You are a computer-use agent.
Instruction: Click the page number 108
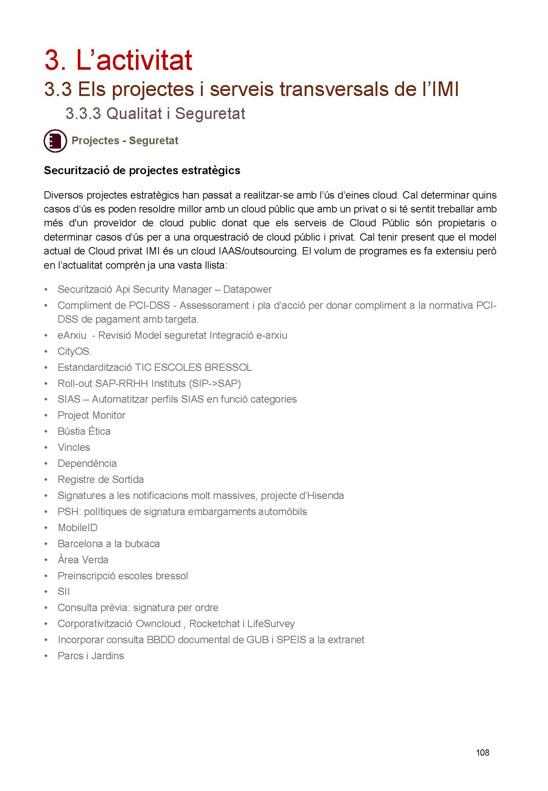click(482, 752)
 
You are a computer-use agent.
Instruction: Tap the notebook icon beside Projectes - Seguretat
click(55, 141)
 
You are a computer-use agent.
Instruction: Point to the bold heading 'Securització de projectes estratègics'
click(142, 170)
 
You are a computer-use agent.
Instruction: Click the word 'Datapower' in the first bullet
click(247, 289)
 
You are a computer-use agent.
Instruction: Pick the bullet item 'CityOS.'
click(75, 352)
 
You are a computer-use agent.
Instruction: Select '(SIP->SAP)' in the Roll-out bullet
click(215, 384)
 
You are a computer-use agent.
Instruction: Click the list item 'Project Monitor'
click(91, 415)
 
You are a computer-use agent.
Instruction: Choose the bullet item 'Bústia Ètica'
click(84, 431)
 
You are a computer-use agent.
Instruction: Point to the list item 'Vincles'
click(74, 448)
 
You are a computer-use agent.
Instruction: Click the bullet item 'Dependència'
click(87, 464)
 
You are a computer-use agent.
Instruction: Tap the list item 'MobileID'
click(77, 528)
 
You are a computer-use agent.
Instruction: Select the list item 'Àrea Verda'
click(83, 560)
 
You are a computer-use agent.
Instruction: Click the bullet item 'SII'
click(64, 592)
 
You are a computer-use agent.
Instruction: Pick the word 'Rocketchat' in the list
click(214, 624)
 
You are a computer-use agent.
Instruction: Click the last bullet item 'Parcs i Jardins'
click(91, 656)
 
